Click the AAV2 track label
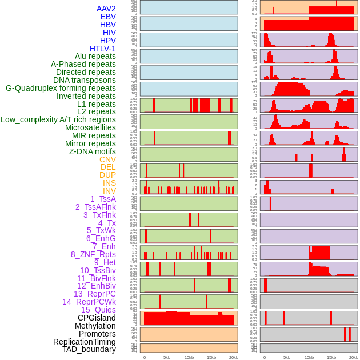click(106, 9)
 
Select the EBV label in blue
click(108, 17)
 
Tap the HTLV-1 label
click(103, 49)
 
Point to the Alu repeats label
click(95, 56)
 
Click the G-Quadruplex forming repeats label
click(61, 88)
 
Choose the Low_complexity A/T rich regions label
click(58, 119)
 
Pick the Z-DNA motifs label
click(93, 151)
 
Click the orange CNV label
click(107, 159)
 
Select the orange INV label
click(109, 191)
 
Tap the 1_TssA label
click(103, 199)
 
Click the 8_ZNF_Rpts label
click(93, 254)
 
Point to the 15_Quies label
click(98, 310)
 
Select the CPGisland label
click(97, 318)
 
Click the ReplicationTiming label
click(84, 342)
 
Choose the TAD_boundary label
click(89, 349)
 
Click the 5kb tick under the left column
click(167, 357)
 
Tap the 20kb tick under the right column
click(354, 357)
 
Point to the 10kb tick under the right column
click(309, 357)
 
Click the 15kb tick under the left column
click(211, 357)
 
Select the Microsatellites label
click(90, 127)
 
